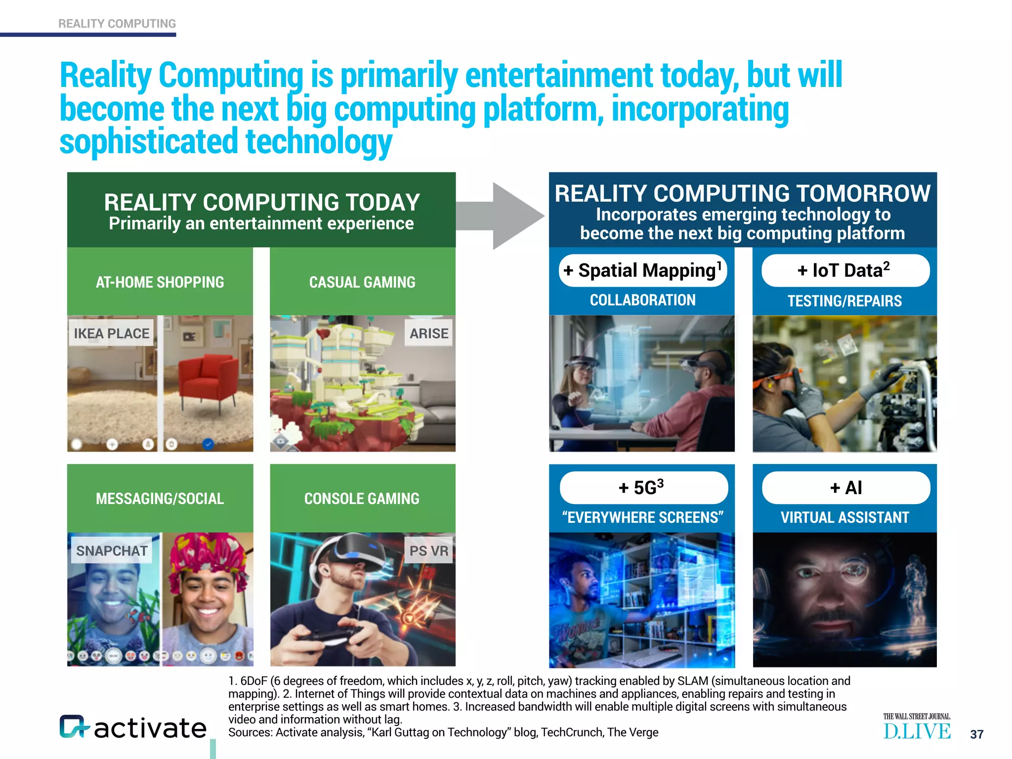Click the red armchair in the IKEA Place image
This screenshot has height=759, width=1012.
pyautogui.click(x=208, y=380)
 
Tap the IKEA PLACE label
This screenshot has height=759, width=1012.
pyautogui.click(x=111, y=334)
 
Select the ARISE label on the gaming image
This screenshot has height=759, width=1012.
pyautogui.click(x=428, y=334)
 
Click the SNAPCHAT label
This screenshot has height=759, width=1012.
pyautogui.click(x=112, y=550)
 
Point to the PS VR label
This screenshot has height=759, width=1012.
pyautogui.click(x=428, y=550)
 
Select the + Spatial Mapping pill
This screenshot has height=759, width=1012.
pyautogui.click(x=642, y=270)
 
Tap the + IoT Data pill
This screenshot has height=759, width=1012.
pyautogui.click(x=845, y=270)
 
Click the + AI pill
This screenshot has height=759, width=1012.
pyautogui.click(x=846, y=488)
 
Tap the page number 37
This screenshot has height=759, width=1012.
pyautogui.click(x=976, y=734)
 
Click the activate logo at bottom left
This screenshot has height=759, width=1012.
pyautogui.click(x=133, y=727)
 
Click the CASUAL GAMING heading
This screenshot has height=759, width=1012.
pyautogui.click(x=362, y=282)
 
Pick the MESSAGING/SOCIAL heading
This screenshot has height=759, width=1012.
pyautogui.click(x=160, y=499)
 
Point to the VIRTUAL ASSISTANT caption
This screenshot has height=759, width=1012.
pyautogui.click(x=844, y=517)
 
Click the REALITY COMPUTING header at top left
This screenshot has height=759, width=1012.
pyautogui.click(x=117, y=24)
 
